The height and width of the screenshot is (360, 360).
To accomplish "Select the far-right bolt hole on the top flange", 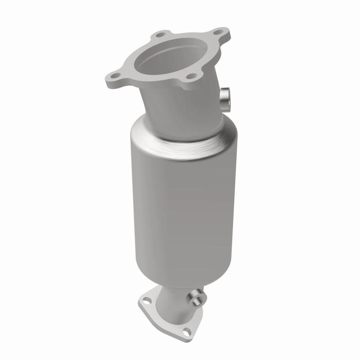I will coord(218,32).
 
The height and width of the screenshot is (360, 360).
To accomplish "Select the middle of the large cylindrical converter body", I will coord(180,202).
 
